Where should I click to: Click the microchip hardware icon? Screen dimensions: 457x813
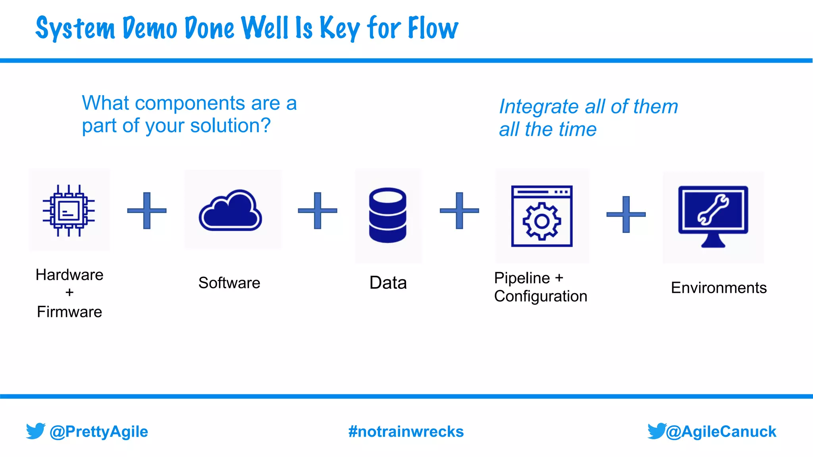tap(69, 210)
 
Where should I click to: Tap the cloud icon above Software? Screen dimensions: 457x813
tap(230, 211)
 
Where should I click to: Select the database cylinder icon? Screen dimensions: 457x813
tap(387, 215)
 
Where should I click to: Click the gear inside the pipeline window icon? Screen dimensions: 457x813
tap(541, 221)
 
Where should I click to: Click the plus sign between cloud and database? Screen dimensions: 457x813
tap(317, 211)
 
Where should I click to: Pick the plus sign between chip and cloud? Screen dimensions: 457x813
tap(146, 211)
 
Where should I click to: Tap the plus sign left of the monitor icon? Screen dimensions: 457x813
tap(626, 214)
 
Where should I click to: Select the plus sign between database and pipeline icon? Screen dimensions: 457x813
tap(459, 211)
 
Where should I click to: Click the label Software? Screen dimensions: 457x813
tap(229, 283)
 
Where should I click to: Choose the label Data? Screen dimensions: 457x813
tap(388, 283)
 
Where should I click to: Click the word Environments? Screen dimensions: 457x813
tap(719, 288)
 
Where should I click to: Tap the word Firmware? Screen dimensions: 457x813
tap(69, 312)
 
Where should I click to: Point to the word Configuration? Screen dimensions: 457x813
tap(540, 296)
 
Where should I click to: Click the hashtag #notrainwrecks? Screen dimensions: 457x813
tap(406, 432)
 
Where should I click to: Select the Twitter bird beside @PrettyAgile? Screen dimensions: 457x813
tap(35, 431)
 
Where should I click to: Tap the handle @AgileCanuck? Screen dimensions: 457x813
tap(721, 432)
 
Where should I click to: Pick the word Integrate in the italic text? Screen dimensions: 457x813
tap(539, 106)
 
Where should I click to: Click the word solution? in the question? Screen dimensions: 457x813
tap(230, 126)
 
